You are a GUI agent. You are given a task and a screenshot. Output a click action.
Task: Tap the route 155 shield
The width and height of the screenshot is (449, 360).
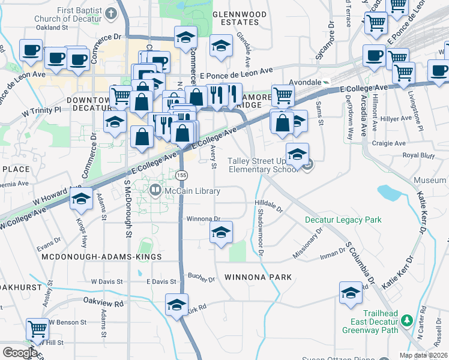click(x=182, y=175)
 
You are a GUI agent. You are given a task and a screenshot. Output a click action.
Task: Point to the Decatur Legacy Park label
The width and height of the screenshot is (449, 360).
click(x=343, y=220)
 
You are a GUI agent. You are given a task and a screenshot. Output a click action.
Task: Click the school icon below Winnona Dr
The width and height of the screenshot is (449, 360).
click(x=221, y=233)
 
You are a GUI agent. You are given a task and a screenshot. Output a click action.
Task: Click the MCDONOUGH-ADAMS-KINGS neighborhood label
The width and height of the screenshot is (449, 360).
click(x=102, y=257)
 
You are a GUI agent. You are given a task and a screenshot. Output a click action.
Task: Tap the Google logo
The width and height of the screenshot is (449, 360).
click(x=20, y=352)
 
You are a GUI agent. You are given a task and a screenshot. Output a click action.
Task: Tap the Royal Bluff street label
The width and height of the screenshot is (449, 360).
click(x=419, y=155)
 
